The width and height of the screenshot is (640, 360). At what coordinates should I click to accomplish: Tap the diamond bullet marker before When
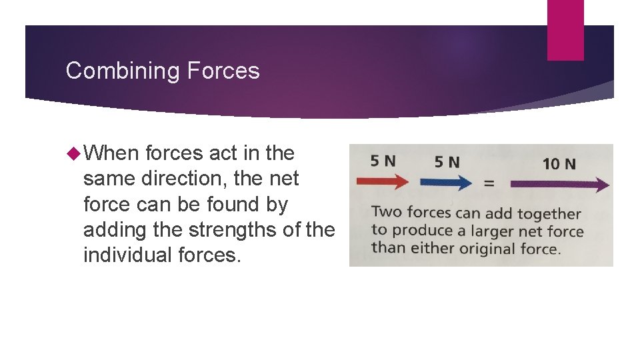pos(73,154)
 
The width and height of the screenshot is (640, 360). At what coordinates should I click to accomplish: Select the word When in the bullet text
pos(111,153)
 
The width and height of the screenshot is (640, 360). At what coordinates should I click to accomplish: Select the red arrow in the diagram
pos(382,181)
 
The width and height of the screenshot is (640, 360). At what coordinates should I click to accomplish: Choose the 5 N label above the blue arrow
pos(447,161)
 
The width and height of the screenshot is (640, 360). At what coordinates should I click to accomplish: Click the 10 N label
pos(559,163)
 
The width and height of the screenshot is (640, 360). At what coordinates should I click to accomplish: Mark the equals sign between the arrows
pos(489,183)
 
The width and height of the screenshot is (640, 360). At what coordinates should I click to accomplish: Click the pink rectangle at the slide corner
pos(565,29)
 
